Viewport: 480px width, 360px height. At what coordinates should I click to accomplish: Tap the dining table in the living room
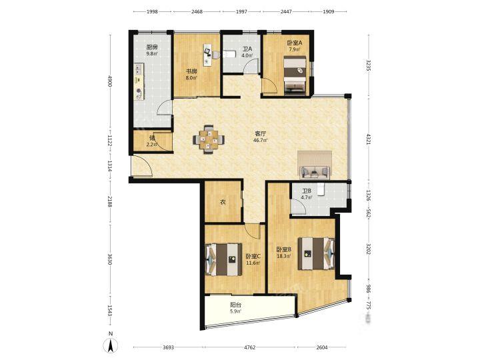click(209, 140)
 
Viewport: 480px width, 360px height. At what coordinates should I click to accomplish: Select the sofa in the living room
click(315, 172)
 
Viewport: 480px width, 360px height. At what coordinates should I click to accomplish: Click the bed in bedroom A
click(295, 74)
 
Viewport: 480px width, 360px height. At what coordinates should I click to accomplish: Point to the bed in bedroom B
click(316, 254)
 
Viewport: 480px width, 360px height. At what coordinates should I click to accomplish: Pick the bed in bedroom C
click(223, 259)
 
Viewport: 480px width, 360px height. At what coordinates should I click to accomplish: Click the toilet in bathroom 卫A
click(229, 55)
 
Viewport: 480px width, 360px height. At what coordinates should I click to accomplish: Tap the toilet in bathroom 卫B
click(320, 189)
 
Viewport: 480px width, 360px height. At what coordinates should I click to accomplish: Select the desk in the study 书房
click(207, 55)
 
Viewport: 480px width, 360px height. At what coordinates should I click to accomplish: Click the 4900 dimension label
click(110, 81)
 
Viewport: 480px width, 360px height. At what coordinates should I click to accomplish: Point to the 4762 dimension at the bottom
click(249, 347)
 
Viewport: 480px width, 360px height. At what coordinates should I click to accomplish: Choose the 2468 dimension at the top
click(197, 11)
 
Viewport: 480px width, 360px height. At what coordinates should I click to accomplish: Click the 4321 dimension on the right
click(369, 139)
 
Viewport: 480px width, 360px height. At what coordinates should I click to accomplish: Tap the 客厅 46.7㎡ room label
click(260, 137)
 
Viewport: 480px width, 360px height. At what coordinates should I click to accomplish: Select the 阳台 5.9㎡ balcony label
click(235, 308)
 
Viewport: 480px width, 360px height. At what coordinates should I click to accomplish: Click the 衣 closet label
click(223, 202)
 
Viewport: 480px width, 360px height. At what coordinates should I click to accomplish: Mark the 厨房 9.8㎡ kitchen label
click(152, 50)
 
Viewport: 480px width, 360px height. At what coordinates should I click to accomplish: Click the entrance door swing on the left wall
click(142, 165)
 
